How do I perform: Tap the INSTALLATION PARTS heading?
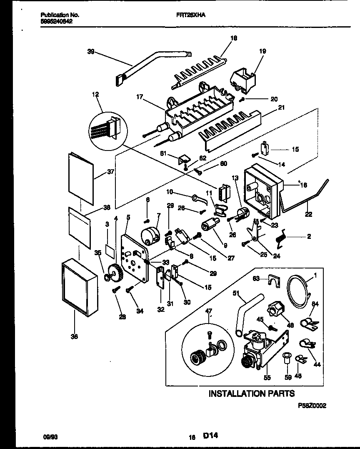point(251,393)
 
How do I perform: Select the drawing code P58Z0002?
point(312,405)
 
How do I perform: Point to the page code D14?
point(211,436)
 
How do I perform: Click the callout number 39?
point(91,52)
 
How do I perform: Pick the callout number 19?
point(262,51)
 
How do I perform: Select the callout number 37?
point(100,171)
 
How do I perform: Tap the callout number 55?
point(267,378)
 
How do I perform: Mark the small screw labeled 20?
point(243,99)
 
